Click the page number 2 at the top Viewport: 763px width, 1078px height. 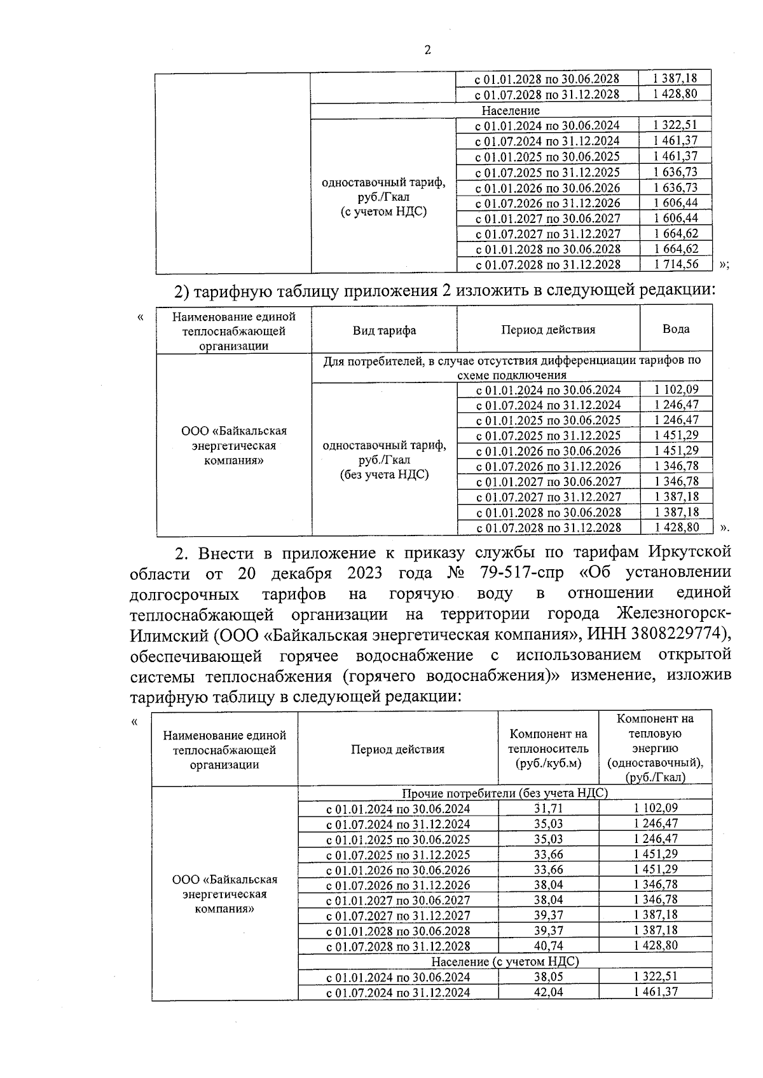(x=427, y=50)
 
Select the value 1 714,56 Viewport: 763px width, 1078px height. (x=675, y=264)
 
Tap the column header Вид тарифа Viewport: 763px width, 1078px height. (x=384, y=330)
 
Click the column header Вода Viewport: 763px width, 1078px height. (x=675, y=328)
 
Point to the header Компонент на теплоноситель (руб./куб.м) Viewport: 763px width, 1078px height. (x=549, y=749)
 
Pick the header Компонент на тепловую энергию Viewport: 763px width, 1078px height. (x=655, y=748)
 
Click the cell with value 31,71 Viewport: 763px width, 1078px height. (x=549, y=808)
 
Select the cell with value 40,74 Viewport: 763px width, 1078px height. (x=549, y=945)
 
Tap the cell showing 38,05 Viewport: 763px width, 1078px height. (x=549, y=977)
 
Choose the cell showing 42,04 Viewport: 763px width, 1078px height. (x=549, y=992)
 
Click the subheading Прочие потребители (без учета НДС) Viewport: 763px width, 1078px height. (x=505, y=793)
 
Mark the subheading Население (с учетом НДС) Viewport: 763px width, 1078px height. (x=505, y=961)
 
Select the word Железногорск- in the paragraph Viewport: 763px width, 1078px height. (x=675, y=614)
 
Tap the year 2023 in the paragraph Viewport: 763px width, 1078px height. (x=364, y=573)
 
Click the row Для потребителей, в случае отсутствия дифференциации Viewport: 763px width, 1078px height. (x=512, y=367)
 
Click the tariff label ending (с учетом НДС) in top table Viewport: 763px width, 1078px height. (x=383, y=197)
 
